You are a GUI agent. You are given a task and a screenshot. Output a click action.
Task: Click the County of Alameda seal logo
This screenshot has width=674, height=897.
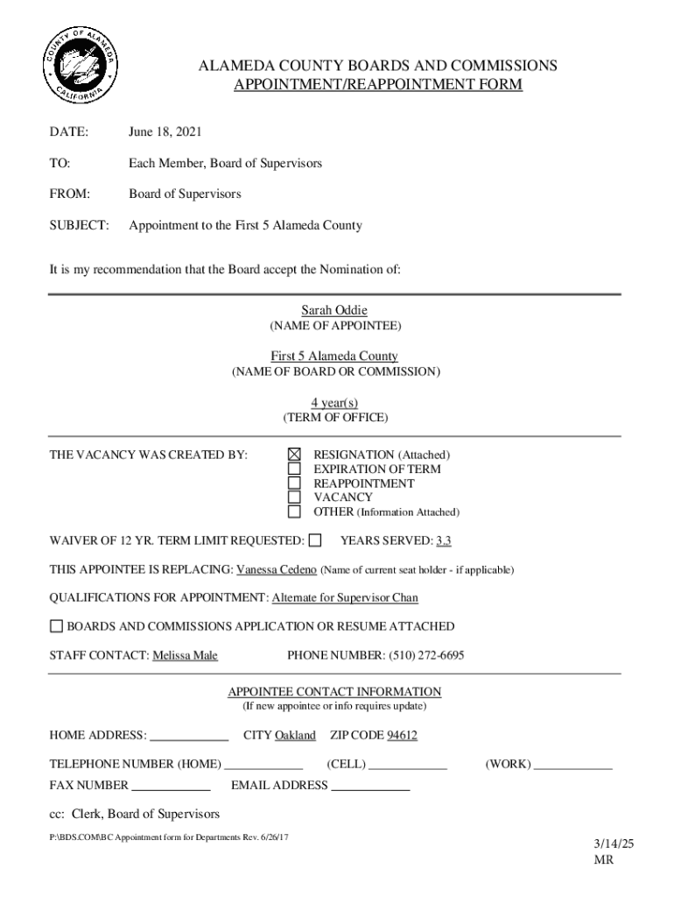coord(79,67)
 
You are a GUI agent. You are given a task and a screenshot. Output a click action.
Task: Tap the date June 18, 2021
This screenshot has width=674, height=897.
coord(165,132)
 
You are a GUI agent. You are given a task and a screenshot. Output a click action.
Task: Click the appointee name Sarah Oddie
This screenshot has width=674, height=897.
coord(334,310)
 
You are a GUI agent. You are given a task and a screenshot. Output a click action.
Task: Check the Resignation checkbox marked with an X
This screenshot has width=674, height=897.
coord(295,455)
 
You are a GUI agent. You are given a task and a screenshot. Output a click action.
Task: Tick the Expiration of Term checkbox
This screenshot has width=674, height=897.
coord(295,469)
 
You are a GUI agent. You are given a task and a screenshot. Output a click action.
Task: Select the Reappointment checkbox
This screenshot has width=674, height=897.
coord(295,483)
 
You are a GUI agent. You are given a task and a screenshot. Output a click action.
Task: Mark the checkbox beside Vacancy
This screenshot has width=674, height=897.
coord(295,497)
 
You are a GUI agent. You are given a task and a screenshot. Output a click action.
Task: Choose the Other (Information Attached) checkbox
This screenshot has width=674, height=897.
coord(295,512)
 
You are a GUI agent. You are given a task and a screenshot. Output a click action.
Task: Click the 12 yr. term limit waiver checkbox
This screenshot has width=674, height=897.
coord(315,540)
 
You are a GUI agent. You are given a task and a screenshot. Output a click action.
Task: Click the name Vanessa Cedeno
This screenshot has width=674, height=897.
coord(277,569)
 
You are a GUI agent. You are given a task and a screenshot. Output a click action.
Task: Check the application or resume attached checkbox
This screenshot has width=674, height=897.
coord(56,626)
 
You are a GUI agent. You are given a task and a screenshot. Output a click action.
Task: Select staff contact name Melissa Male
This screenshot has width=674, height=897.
coord(185,655)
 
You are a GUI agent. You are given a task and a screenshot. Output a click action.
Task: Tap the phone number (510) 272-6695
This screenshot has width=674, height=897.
coord(425,655)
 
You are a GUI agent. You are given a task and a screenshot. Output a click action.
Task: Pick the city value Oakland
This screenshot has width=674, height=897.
coord(295,736)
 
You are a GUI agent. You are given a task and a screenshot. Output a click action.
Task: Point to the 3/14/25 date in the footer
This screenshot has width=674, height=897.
coord(613,844)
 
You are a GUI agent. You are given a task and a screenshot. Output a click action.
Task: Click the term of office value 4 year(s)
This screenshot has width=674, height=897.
coord(334,402)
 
